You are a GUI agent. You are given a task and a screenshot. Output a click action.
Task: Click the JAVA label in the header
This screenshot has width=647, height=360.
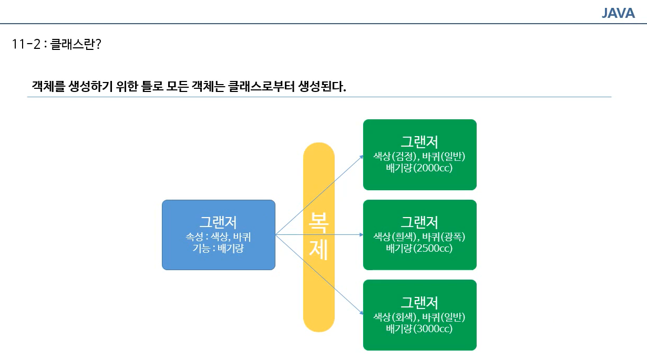coord(618,13)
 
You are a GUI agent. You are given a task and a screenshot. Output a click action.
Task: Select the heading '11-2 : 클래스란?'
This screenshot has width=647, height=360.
coord(56,44)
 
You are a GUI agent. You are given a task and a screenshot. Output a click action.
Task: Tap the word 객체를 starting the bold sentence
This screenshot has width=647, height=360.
coord(49,86)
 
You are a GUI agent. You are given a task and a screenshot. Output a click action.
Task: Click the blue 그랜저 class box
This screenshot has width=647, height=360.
coord(218,235)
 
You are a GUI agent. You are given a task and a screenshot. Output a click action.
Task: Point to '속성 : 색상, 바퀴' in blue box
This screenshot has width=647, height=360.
coord(218,236)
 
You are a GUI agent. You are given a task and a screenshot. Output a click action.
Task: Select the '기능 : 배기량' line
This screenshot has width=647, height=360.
coord(218,248)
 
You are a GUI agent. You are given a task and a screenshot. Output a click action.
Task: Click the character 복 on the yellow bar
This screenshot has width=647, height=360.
coord(319,222)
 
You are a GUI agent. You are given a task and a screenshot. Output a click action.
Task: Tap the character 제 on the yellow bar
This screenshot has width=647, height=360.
coord(319,251)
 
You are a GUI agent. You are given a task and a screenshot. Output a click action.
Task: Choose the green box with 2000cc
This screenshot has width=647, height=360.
coord(419,155)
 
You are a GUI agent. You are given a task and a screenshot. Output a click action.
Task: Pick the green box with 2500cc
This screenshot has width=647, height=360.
coord(419,234)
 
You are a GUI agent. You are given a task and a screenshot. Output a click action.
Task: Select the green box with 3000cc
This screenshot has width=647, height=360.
coord(419,315)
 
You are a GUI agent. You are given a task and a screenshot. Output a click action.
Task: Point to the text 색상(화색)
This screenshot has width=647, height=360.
coord(395,317)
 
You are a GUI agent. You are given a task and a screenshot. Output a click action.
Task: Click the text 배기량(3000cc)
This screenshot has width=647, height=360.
coord(419,329)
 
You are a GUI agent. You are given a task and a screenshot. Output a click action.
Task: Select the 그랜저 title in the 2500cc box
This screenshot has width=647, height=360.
coord(419,222)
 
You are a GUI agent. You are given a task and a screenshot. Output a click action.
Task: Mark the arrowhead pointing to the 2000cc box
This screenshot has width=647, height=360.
coord(361,156)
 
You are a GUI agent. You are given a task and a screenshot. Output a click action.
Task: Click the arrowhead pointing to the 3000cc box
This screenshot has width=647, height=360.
coord(361,313)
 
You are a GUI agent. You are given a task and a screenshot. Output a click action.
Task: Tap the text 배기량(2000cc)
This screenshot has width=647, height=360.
coord(419,169)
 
